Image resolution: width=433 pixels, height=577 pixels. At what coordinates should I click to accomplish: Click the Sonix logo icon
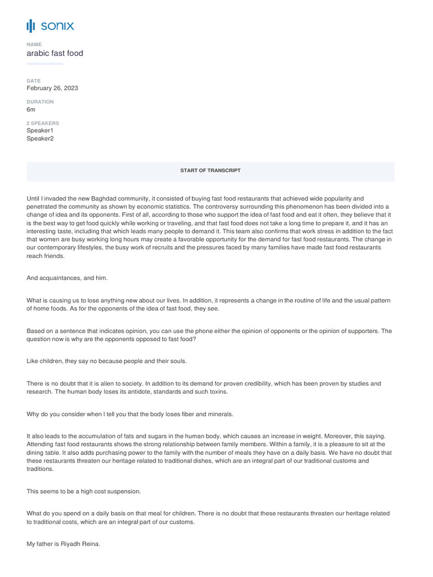(x=30, y=26)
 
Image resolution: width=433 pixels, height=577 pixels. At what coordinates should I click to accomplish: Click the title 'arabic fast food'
(x=55, y=54)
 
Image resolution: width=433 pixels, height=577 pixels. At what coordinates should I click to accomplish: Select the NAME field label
(x=34, y=44)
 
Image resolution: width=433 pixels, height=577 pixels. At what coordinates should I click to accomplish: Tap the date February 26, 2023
(x=52, y=88)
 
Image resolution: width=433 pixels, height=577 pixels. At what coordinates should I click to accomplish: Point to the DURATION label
(x=40, y=102)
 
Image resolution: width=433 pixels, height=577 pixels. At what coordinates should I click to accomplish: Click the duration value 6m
(x=31, y=110)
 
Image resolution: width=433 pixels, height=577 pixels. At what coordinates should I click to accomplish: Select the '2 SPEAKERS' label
(x=43, y=123)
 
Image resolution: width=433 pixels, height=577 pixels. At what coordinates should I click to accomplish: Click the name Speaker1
(x=40, y=131)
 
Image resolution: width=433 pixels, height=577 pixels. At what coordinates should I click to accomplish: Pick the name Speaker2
(x=40, y=139)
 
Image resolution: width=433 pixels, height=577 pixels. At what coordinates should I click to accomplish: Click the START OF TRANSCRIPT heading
(x=210, y=170)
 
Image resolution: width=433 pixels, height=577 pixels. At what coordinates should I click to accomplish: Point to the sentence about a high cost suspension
(x=83, y=491)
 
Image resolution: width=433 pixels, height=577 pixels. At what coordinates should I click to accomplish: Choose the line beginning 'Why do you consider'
(x=130, y=414)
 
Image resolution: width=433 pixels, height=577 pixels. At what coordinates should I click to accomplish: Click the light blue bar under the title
(x=45, y=64)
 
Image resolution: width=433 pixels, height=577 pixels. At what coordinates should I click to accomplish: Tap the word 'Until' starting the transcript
(x=34, y=198)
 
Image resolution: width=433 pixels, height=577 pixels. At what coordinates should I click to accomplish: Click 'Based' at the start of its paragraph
(x=36, y=331)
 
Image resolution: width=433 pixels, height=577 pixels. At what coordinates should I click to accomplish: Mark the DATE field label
(x=34, y=81)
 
